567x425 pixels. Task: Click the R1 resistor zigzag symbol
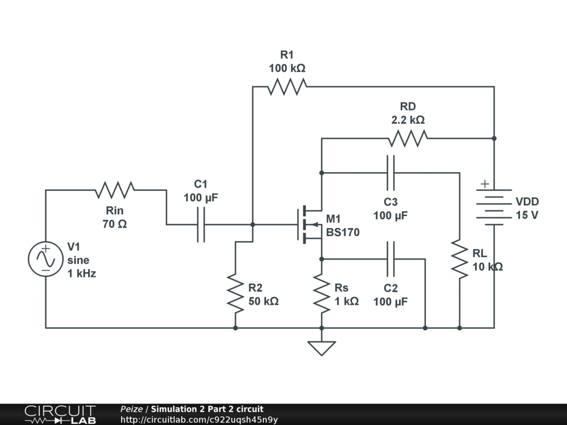coord(287,87)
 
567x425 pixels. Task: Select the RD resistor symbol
coord(408,138)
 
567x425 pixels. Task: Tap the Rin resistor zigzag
coord(115,190)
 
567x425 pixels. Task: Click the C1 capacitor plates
coord(200,225)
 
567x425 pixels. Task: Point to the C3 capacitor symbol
coord(391,173)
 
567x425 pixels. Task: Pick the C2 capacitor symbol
coord(391,258)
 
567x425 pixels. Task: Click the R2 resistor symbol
coord(235,293)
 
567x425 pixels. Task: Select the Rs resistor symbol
coord(322,293)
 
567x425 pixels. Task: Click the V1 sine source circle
coord(45,259)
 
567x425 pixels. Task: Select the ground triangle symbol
coord(322,348)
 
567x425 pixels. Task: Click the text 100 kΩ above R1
coord(287,69)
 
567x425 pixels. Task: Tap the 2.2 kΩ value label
coord(408,120)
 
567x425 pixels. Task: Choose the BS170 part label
coord(343,232)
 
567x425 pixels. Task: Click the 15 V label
coord(527,215)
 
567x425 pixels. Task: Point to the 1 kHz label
coord(81,273)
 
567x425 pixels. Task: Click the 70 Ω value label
coord(115,224)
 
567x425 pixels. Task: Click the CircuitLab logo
coord(60,414)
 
